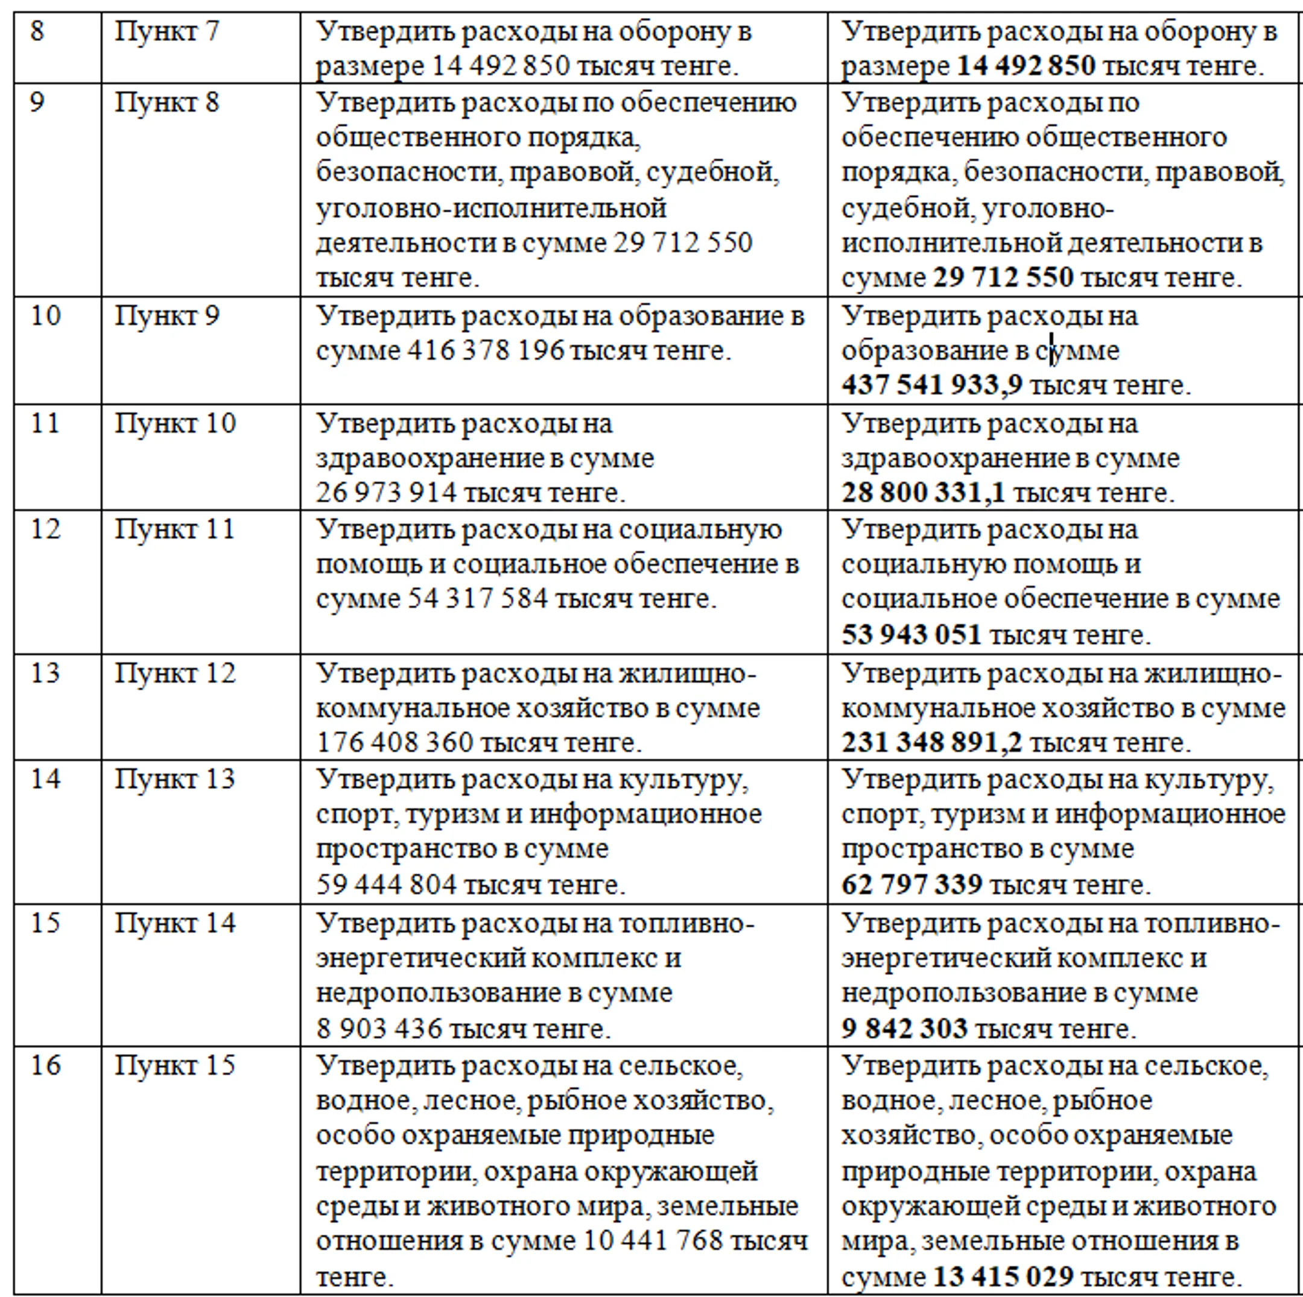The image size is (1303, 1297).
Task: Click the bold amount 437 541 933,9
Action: [931, 385]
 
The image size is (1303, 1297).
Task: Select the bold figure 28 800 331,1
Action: [922, 492]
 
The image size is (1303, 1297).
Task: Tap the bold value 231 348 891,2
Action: [931, 742]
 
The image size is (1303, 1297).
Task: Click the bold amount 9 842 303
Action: [904, 1028]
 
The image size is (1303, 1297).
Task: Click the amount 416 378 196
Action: [485, 351]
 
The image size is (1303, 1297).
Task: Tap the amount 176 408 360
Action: [395, 742]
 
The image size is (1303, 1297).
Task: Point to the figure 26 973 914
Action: [387, 492]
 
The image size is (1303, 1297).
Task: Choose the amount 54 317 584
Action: [478, 599]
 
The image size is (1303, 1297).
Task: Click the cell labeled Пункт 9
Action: [166, 315]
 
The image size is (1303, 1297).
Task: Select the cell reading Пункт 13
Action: [174, 778]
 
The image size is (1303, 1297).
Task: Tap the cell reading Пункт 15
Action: [174, 1064]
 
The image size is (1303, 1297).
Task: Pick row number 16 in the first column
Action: [45, 1064]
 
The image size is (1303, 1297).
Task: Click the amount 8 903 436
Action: [379, 1028]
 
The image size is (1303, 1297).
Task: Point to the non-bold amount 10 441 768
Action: [651, 1240]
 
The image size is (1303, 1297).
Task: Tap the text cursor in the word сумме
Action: [1051, 350]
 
